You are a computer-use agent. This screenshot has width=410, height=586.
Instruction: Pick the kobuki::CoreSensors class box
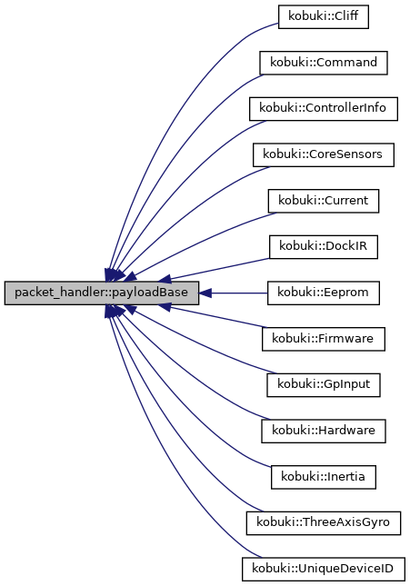(x=323, y=154)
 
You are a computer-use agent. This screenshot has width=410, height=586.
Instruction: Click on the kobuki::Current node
(x=323, y=201)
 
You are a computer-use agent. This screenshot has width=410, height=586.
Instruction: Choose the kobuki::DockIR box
(x=323, y=247)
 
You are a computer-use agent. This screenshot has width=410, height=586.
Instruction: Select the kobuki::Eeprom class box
(x=323, y=293)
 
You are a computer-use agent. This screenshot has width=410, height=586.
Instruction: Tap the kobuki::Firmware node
(x=323, y=339)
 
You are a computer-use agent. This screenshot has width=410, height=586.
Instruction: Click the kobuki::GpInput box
(x=323, y=385)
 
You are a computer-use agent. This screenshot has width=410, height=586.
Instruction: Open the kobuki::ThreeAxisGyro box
(x=323, y=523)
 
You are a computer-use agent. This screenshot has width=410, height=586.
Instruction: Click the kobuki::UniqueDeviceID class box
(x=323, y=570)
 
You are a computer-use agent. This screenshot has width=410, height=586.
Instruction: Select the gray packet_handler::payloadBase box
(x=101, y=293)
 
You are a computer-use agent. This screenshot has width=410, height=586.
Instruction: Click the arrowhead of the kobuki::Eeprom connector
(x=205, y=293)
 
